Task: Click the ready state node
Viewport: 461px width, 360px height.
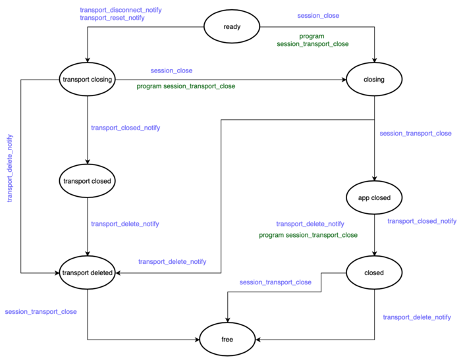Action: pyautogui.click(x=232, y=27)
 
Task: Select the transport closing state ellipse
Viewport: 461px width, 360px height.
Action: pyautogui.click(x=88, y=80)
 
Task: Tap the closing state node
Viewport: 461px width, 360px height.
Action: pyautogui.click(x=374, y=80)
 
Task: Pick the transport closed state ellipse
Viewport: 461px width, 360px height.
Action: pyautogui.click(x=88, y=180)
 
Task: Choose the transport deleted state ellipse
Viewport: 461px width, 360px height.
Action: pyautogui.click(x=88, y=272)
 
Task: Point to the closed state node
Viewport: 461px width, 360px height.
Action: pyautogui.click(x=374, y=272)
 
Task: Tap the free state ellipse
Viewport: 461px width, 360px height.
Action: pyautogui.click(x=228, y=340)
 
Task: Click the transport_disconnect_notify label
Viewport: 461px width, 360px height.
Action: pyautogui.click(x=121, y=10)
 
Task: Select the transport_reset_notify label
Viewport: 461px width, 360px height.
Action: pyautogui.click(x=113, y=18)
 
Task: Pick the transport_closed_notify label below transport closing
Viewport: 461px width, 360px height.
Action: pyautogui.click(x=125, y=128)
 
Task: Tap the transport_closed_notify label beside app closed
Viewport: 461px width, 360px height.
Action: pyautogui.click(x=421, y=221)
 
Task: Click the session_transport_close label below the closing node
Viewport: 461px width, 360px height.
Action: pyautogui.click(x=416, y=134)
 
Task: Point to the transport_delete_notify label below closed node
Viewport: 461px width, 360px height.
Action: pyautogui.click(x=417, y=317)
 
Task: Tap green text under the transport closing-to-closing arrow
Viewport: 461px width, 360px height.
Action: pyautogui.click(x=186, y=86)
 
